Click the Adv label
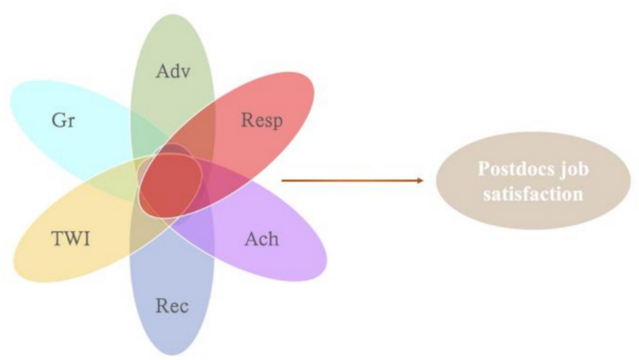pos(174,71)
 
